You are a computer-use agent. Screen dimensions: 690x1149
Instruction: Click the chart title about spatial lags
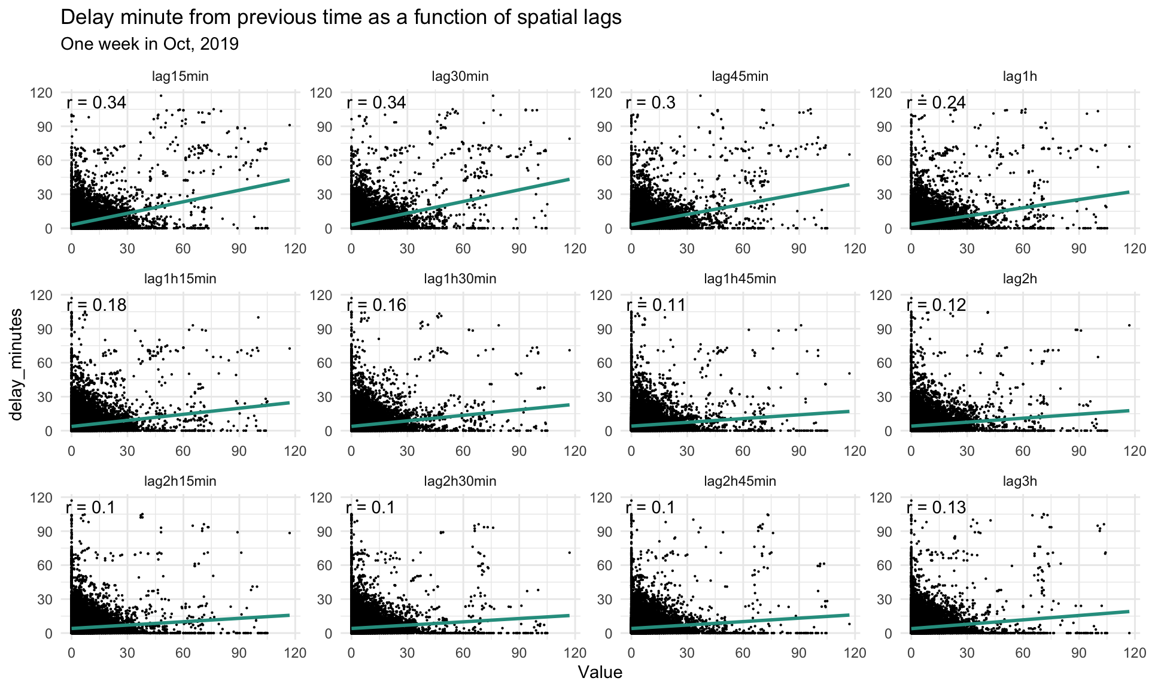coord(341,17)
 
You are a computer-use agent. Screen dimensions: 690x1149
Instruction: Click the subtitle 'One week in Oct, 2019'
coord(150,44)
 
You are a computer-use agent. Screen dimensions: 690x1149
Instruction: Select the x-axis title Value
coord(600,673)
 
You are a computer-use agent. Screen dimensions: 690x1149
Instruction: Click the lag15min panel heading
coord(180,76)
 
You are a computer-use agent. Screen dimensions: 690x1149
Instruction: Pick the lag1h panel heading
coord(1020,76)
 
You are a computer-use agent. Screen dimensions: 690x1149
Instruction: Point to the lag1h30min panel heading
coord(460,279)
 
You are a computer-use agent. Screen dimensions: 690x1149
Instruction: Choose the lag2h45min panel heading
coord(740,481)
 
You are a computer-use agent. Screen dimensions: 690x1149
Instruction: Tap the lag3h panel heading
coord(1020,481)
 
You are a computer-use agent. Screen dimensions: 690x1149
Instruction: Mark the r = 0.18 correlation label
coord(96,305)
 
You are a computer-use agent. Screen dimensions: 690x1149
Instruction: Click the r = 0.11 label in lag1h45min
coord(656,305)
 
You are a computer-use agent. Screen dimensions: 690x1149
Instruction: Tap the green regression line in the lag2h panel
coord(1020,418)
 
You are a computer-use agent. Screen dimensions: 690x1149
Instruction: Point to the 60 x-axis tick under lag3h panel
coord(1023,652)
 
